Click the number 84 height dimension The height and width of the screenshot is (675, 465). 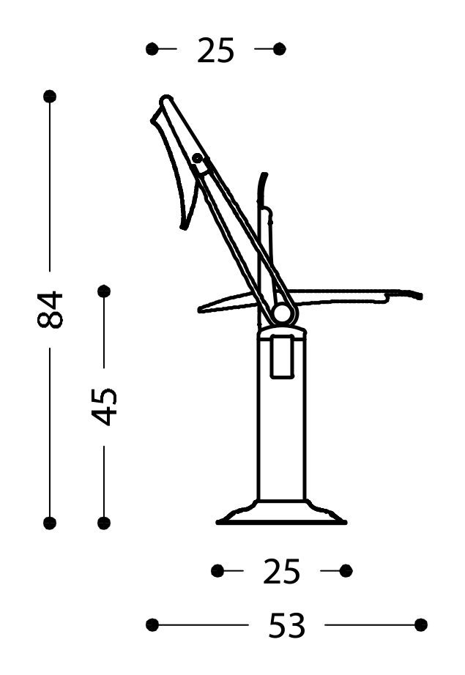click(x=51, y=309)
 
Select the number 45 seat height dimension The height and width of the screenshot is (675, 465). click(x=105, y=406)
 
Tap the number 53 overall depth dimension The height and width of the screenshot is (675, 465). click(x=286, y=626)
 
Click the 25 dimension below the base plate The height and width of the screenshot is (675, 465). click(x=281, y=572)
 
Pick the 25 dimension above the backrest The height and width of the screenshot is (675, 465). click(x=216, y=51)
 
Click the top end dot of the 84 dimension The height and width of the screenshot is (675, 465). click(x=50, y=96)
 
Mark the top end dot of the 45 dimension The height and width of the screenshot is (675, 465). click(x=104, y=291)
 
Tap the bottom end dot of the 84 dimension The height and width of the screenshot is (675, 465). click(x=50, y=523)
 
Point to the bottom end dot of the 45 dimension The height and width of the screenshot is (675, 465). click(x=104, y=523)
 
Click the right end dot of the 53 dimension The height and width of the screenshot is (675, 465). click(x=420, y=624)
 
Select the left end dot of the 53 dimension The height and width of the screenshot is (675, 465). click(x=152, y=624)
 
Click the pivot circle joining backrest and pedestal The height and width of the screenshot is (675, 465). click(x=281, y=314)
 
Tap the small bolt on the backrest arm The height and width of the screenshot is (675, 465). click(x=197, y=157)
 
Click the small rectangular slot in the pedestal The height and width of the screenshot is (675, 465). click(x=281, y=357)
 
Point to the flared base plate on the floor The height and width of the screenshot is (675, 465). click(x=281, y=515)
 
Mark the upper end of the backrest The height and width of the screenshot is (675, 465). click(x=165, y=100)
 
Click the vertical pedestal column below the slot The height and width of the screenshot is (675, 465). click(x=281, y=439)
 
